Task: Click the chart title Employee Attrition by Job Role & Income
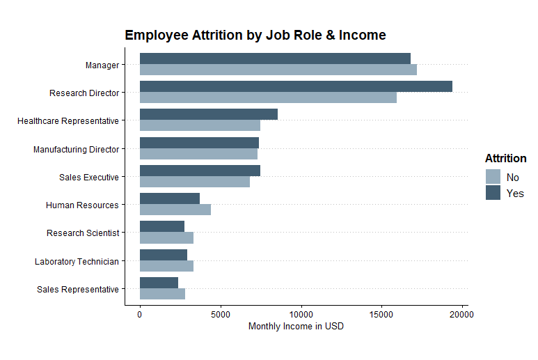[x=255, y=35]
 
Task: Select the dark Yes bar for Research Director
[x=296, y=86]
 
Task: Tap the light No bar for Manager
[x=278, y=70]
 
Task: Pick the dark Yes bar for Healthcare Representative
[x=209, y=114]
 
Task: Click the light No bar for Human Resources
[x=175, y=210]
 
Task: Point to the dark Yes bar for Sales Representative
[x=159, y=283]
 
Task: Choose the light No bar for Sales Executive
[x=194, y=182]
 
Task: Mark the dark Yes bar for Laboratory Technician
[x=164, y=255]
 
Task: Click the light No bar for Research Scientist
[x=166, y=237]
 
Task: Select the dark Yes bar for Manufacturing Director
[x=199, y=143]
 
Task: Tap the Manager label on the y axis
[x=102, y=65]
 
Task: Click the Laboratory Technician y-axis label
[x=77, y=262]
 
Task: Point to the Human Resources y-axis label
[x=82, y=205]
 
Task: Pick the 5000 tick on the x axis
[x=220, y=314]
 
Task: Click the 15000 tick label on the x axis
[x=381, y=314]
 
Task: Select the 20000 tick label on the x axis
[x=461, y=314]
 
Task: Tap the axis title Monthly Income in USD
[x=296, y=327]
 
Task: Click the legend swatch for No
[x=493, y=177]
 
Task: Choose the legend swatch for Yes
[x=493, y=193]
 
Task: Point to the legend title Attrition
[x=505, y=159]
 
